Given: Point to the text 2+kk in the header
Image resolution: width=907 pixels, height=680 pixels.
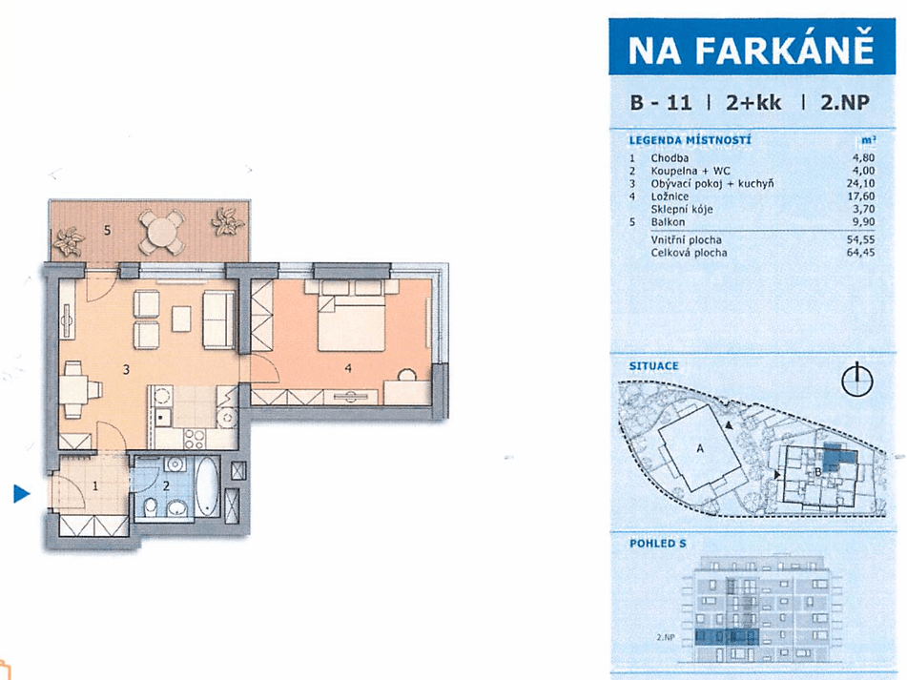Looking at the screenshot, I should [x=753, y=103].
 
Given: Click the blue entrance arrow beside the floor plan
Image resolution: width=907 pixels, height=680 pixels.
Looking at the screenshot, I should [x=21, y=493].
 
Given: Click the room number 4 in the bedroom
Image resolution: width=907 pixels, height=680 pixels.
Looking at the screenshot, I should [x=350, y=364].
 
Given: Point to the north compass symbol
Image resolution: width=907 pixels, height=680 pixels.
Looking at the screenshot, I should [x=857, y=381].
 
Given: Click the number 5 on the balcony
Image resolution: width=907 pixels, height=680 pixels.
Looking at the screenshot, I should [x=107, y=229].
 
